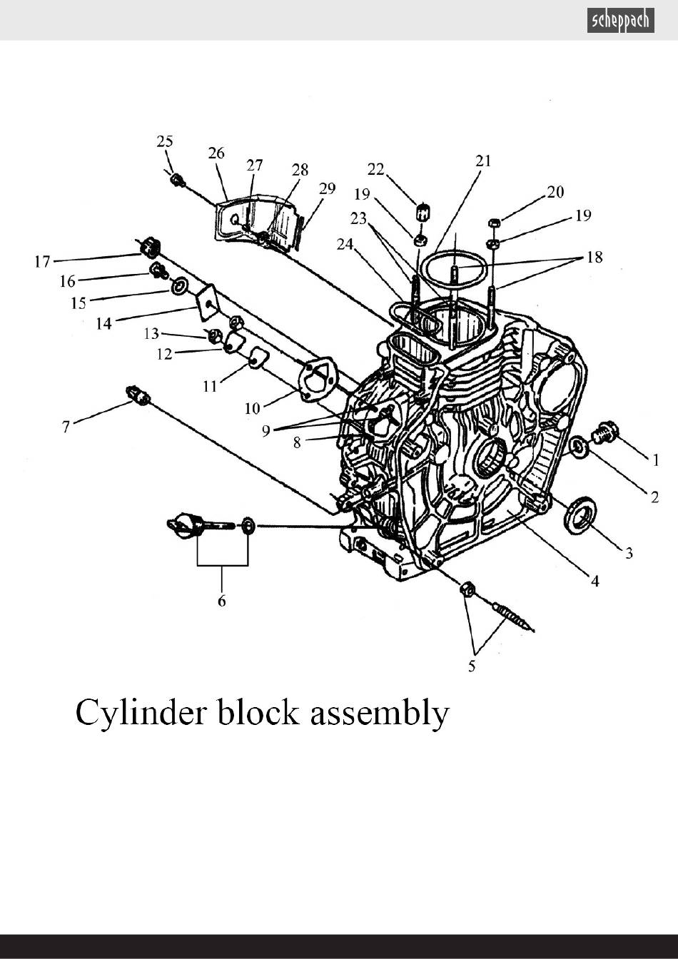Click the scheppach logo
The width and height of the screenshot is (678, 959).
[x=620, y=20]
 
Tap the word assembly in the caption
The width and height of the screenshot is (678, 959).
[x=380, y=714]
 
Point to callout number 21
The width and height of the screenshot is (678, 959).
[x=483, y=161]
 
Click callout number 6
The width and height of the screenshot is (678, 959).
[x=221, y=601]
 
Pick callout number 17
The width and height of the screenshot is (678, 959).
[x=42, y=261]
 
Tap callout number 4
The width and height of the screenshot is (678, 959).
[x=595, y=581]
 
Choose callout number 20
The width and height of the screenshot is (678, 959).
[x=555, y=192]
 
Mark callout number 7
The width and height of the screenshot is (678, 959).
[x=66, y=427]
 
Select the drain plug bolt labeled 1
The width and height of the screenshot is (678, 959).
[x=604, y=432]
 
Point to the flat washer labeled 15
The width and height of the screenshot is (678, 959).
[x=178, y=285]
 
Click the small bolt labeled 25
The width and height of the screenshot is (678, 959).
[x=177, y=179]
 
